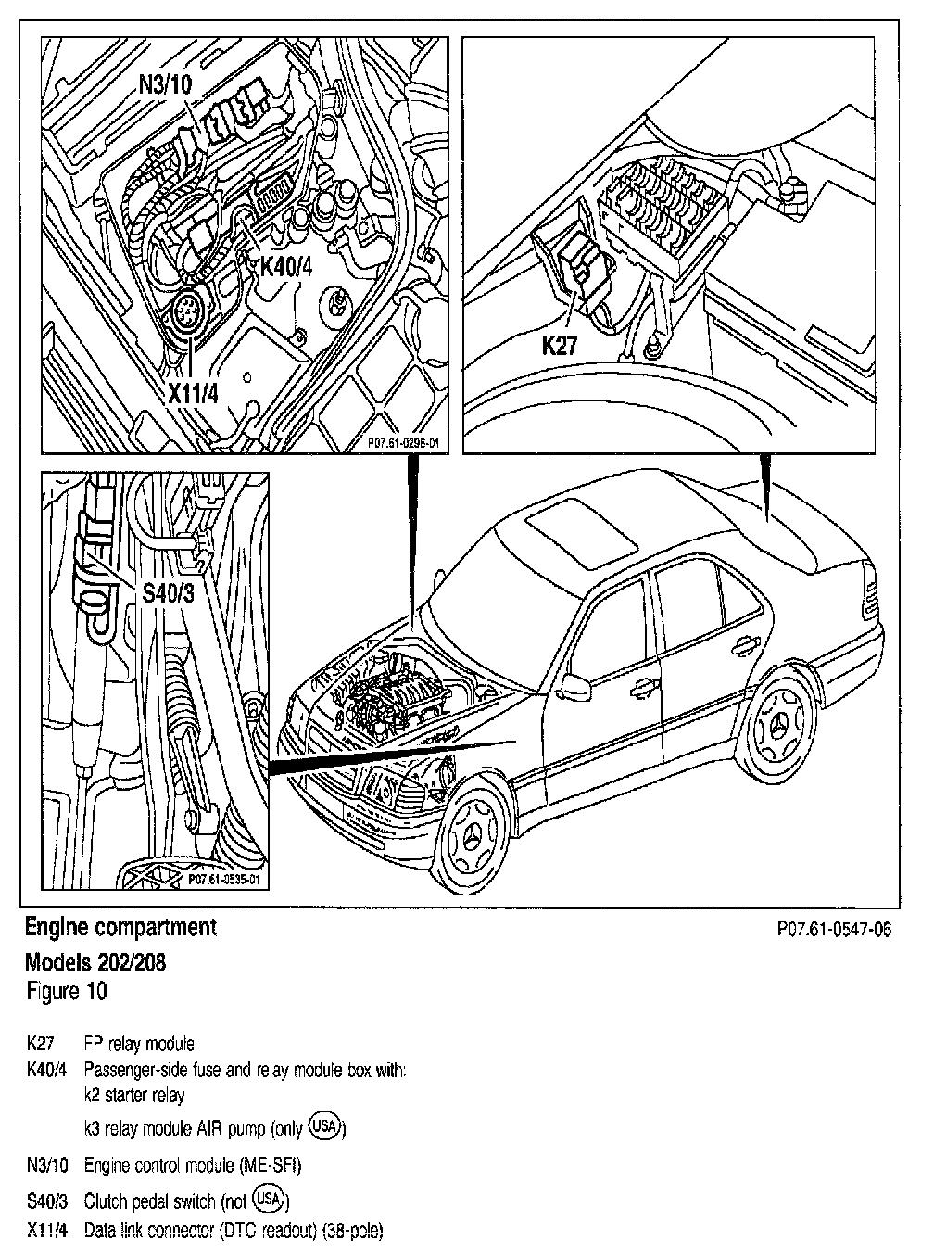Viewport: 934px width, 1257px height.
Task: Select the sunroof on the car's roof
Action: [572, 535]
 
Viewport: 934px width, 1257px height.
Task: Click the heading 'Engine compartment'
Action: [120, 927]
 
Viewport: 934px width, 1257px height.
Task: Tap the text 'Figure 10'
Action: [66, 991]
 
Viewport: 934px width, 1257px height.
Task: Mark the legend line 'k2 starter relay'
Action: [133, 1095]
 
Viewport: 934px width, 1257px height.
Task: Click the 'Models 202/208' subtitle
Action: [96, 962]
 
